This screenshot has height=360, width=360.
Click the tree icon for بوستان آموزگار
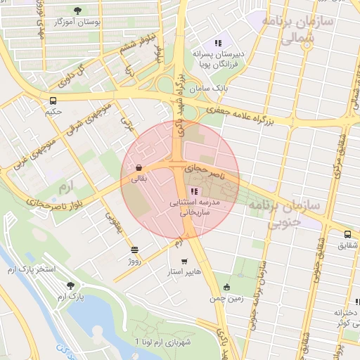[77, 11]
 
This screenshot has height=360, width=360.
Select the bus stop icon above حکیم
[54, 100]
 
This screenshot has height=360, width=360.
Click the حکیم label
[54, 111]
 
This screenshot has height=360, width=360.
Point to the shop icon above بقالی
[139, 168]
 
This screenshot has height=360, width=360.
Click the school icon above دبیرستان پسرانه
[218, 43]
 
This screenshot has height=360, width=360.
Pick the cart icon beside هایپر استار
[184, 262]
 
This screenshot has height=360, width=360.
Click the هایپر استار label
[185, 271]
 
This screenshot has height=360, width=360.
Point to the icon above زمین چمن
[226, 287]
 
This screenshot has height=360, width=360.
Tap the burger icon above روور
[134, 250]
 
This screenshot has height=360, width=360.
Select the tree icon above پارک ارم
[71, 285]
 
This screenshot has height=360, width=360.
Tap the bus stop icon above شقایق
[347, 234]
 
